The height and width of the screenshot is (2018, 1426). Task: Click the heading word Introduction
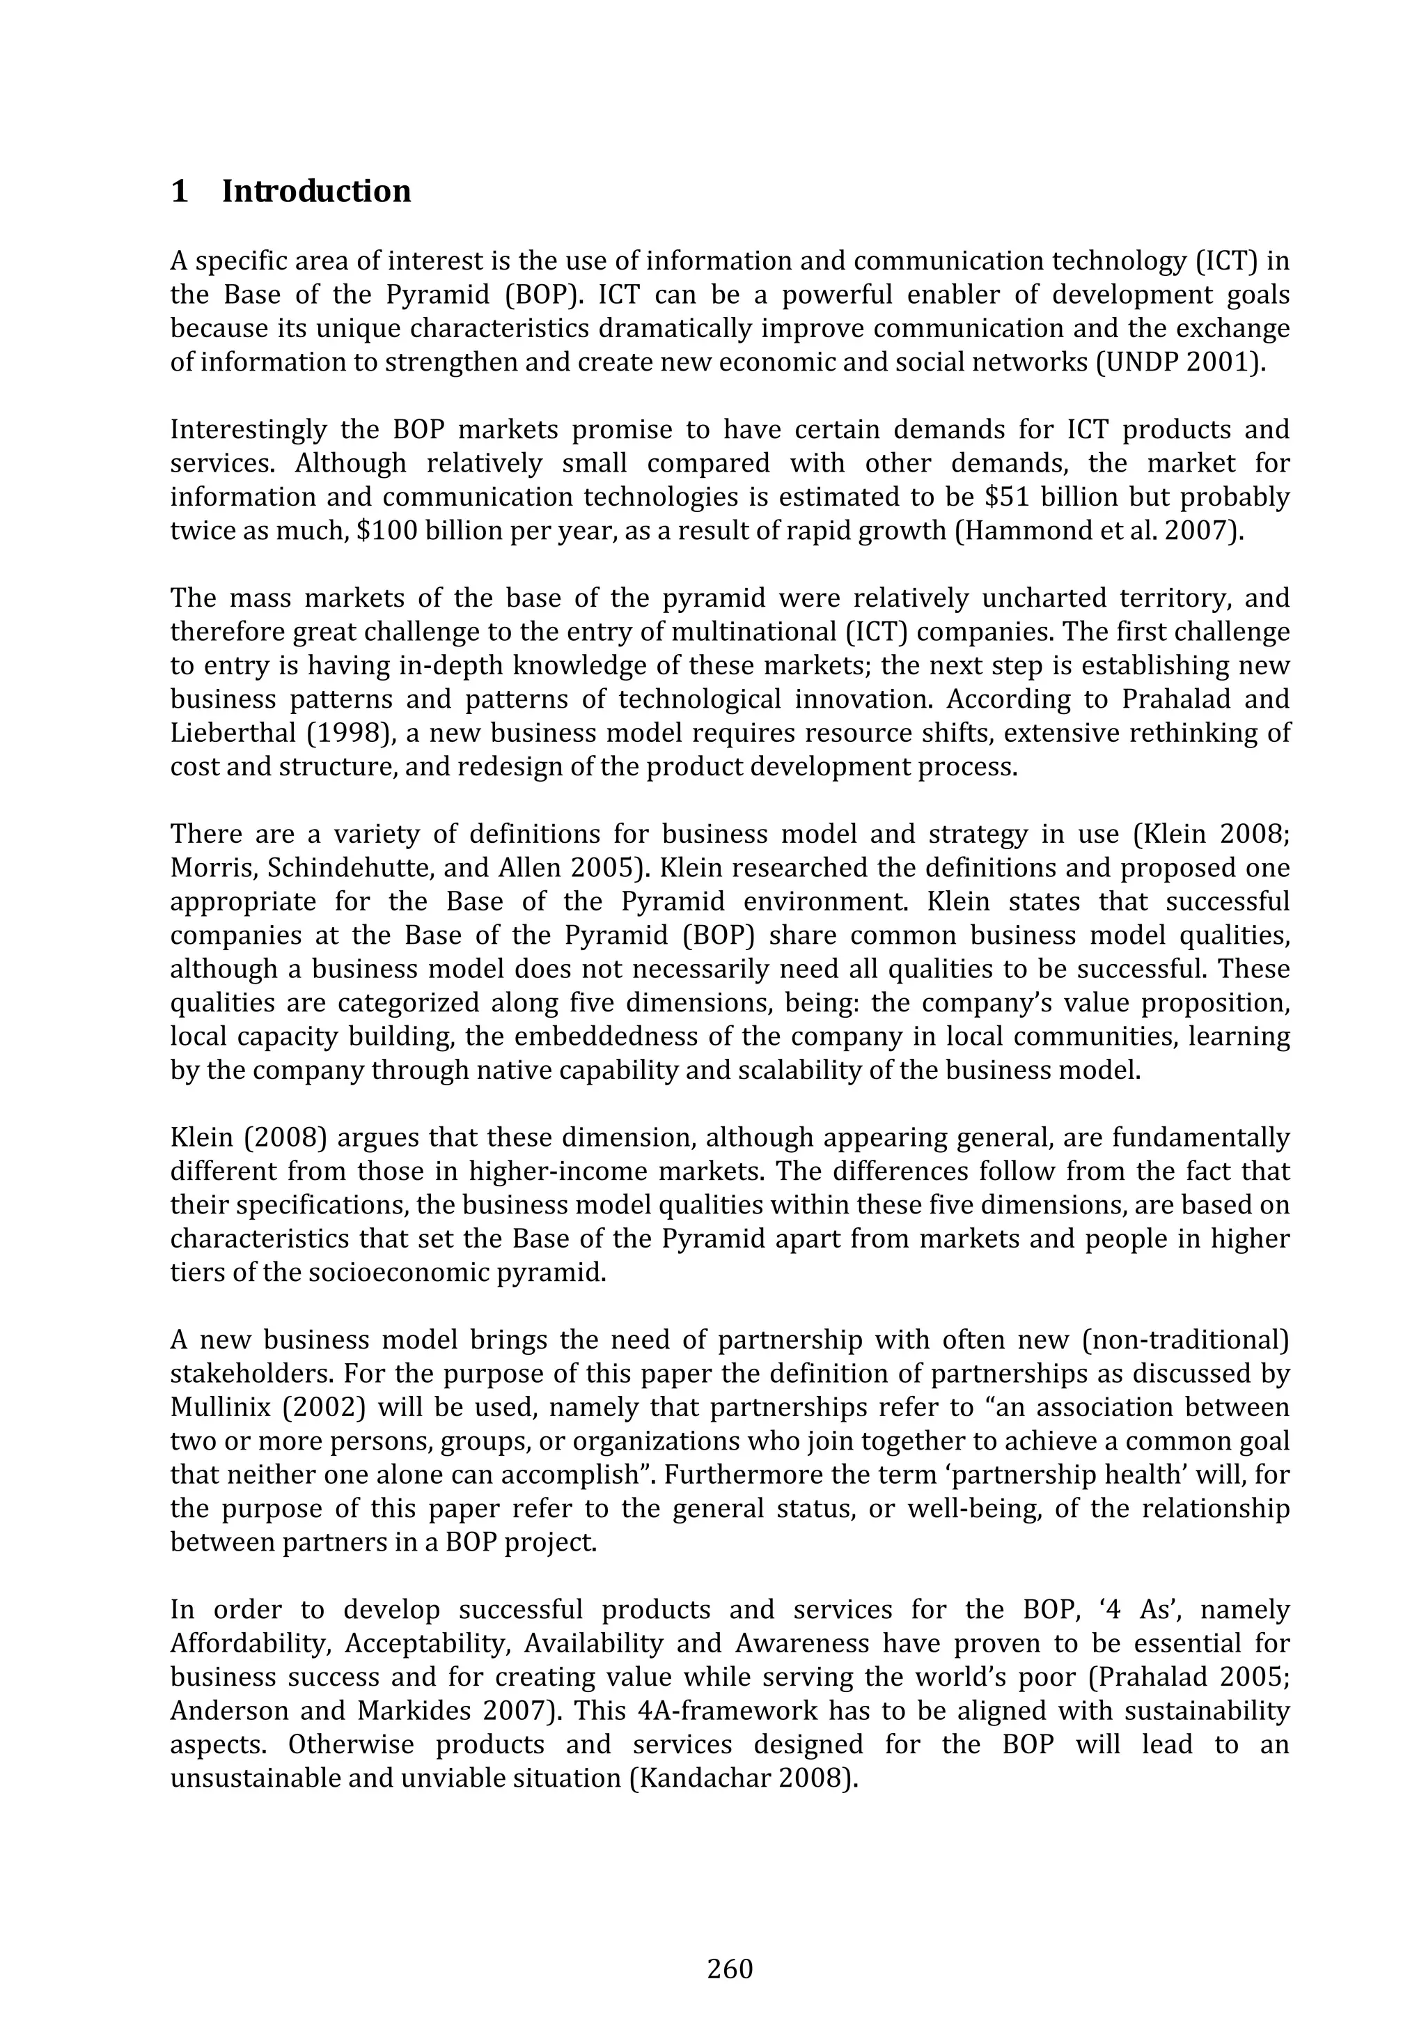pos(316,192)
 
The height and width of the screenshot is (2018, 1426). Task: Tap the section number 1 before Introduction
pos(179,192)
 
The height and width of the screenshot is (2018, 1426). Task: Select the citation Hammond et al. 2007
pos(1098,531)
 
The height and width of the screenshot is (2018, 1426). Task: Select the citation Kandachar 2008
pos(744,1778)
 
